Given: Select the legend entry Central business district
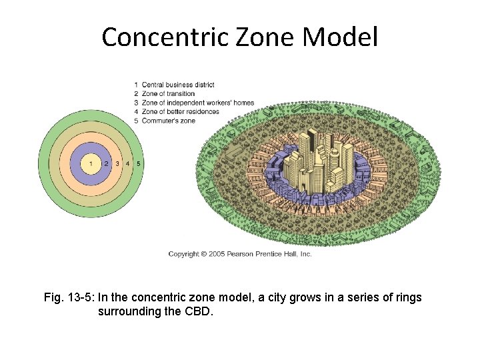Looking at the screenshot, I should pyautogui.click(x=177, y=85).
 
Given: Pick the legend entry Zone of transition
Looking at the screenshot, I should pyautogui.click(x=168, y=94).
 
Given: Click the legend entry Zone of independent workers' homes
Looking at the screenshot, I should pyautogui.click(x=197, y=103).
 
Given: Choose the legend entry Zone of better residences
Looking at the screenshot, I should pyautogui.click(x=180, y=111).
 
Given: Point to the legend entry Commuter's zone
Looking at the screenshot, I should pyautogui.click(x=168, y=121).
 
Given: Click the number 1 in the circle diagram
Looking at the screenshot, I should pyautogui.click(x=91, y=163).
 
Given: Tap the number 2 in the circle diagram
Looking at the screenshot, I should pyautogui.click(x=106, y=163).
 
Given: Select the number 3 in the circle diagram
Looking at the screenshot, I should pyautogui.click(x=117, y=163).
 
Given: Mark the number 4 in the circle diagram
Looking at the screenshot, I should pyautogui.click(x=127, y=163).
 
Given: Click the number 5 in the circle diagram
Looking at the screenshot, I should pyautogui.click(x=138, y=163).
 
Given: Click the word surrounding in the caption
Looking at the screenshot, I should pyautogui.click(x=129, y=311).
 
